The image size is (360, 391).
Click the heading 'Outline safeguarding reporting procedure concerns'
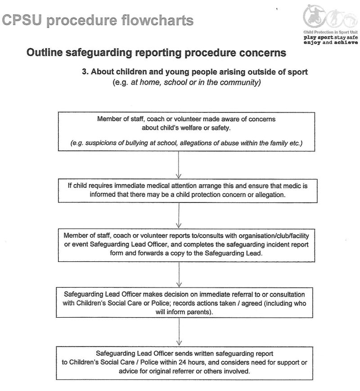tap(156, 53)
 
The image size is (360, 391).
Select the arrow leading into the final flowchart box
tap(180, 331)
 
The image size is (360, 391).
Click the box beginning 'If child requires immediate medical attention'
tap(180, 190)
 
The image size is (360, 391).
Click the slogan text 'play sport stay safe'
tap(331, 38)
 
